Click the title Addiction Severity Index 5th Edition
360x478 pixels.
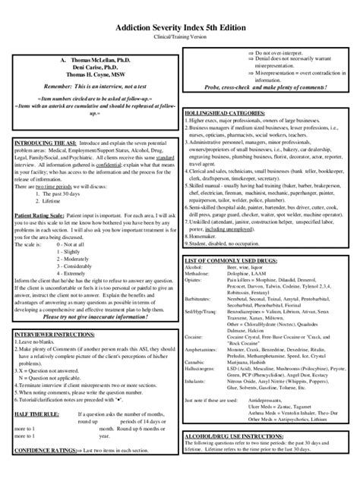click(x=180, y=26)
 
